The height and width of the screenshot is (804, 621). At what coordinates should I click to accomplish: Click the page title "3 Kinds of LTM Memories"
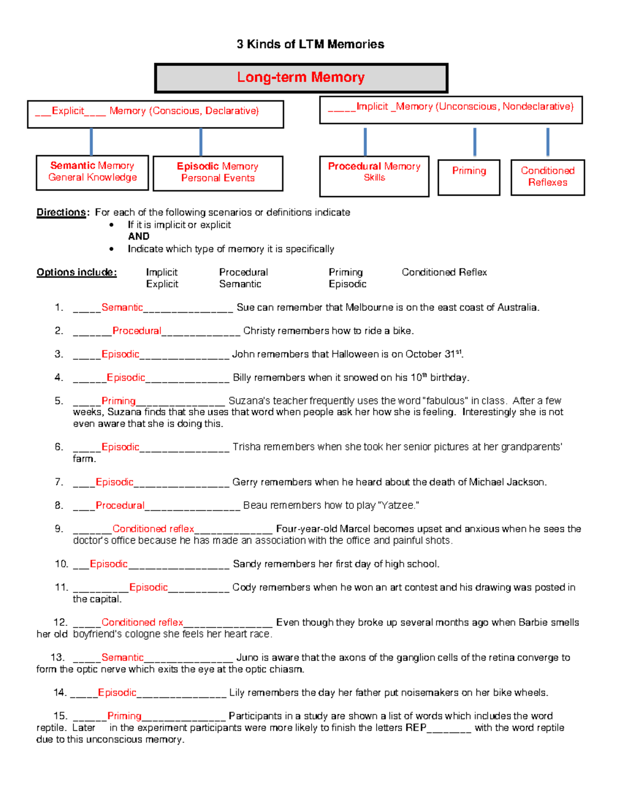(310, 45)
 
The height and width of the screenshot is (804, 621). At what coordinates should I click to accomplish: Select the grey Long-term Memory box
(301, 78)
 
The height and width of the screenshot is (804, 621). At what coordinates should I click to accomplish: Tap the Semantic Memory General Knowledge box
(92, 172)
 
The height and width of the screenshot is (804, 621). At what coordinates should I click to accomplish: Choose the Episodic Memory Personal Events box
(218, 173)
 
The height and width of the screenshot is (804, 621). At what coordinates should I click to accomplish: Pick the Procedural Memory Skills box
(374, 176)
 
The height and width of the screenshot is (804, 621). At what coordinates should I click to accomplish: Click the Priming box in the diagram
(469, 177)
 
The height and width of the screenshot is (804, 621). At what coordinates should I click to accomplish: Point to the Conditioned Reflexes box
(548, 177)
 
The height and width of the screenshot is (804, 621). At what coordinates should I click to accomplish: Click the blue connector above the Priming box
(475, 142)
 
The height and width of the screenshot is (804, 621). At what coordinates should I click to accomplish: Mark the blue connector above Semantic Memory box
(92, 141)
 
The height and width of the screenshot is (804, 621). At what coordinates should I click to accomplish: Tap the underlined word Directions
(61, 212)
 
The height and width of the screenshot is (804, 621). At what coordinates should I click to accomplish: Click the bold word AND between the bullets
(139, 237)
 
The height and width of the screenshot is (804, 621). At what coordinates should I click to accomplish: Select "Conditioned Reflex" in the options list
(444, 272)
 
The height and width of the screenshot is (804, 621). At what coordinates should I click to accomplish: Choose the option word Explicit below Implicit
(162, 284)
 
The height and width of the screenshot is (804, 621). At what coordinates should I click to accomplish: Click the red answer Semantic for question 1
(122, 308)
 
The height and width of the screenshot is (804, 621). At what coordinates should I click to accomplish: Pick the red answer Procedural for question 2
(137, 331)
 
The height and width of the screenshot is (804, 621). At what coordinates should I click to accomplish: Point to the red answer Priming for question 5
(119, 401)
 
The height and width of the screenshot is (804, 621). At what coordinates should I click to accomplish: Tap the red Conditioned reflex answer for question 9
(153, 529)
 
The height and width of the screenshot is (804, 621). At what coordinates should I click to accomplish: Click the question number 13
(57, 657)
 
